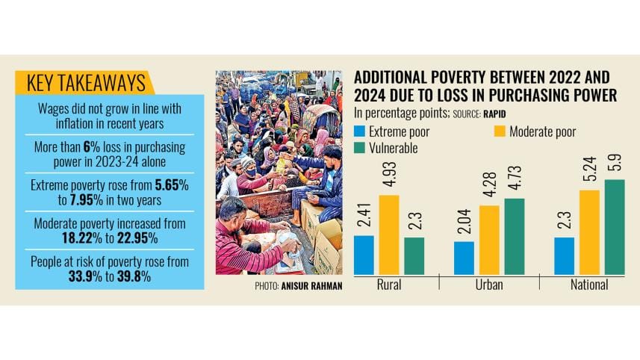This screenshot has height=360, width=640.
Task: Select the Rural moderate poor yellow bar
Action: click(388, 235)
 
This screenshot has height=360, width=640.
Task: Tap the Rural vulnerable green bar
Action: click(414, 255)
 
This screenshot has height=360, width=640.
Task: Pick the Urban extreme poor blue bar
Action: click(463, 258)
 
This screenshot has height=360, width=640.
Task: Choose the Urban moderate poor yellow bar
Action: click(488, 239)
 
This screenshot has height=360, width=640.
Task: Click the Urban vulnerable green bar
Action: click(514, 236)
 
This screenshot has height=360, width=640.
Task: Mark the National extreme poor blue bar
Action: click(564, 255)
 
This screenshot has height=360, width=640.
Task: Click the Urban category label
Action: click(488, 285)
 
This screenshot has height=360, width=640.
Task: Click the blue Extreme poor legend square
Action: click(359, 133)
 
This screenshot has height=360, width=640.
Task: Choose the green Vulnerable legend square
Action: click(359, 148)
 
